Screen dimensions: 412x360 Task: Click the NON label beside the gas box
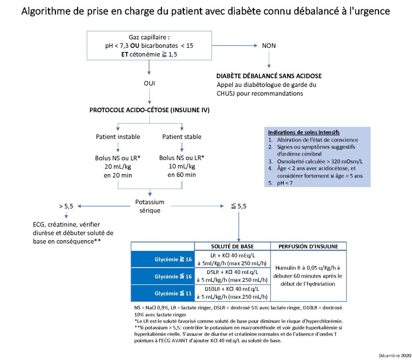tap(269, 46)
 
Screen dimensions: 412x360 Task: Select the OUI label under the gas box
tap(149, 83)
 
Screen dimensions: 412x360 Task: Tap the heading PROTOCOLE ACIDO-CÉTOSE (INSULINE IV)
tap(150, 110)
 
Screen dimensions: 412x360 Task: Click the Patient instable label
tap(118, 137)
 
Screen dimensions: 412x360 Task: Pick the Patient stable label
tap(181, 137)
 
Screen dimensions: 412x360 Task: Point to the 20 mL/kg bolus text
tap(118, 167)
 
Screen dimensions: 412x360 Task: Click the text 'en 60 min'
tap(181, 175)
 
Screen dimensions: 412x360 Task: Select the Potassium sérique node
tap(150, 206)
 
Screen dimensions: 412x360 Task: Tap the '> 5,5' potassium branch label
tap(66, 206)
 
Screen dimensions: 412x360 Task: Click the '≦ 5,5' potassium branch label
tap(239, 206)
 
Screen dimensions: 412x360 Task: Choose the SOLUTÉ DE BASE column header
tap(232, 247)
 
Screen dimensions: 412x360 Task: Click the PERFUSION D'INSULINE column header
tap(308, 247)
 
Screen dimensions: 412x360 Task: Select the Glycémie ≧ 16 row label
tap(173, 259)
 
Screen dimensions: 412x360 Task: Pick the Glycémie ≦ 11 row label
tap(173, 293)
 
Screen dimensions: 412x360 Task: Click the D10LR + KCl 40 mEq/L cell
tap(232, 293)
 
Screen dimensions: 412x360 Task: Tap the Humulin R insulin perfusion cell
tap(308, 276)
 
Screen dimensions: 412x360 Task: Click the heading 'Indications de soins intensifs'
tap(303, 132)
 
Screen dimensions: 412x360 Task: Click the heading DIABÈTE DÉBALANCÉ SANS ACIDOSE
tap(269, 76)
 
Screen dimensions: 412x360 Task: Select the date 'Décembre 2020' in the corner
tap(395, 356)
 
